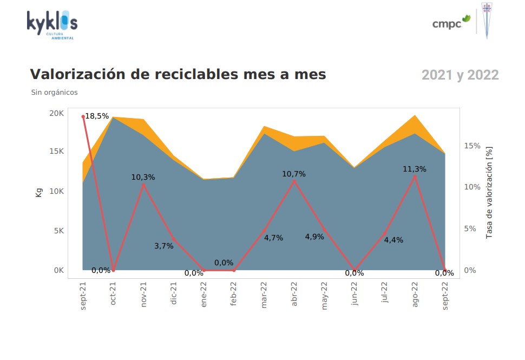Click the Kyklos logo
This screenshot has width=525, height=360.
(52, 24)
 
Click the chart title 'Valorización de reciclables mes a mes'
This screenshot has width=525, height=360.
(178, 75)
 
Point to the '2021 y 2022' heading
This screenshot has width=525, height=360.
(460, 75)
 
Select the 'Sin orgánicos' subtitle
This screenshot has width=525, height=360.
(54, 93)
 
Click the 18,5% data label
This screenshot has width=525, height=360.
(97, 116)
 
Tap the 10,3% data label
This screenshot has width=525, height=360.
(143, 177)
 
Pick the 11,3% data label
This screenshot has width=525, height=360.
(415, 169)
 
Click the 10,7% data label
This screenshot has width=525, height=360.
(294, 174)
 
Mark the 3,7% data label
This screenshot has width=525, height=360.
(164, 246)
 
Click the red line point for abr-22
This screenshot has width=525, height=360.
(294, 181)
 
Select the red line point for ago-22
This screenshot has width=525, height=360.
(415, 176)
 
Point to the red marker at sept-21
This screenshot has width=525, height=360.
(83, 116)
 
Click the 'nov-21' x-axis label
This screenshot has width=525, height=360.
(144, 295)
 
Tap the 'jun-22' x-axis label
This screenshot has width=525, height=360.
(355, 295)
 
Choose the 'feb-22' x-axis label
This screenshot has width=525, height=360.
(234, 295)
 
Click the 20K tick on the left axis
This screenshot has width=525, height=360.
(57, 113)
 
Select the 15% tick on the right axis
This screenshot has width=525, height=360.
(472, 146)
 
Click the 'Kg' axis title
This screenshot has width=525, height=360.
(39, 192)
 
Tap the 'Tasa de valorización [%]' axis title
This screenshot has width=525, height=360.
(489, 192)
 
